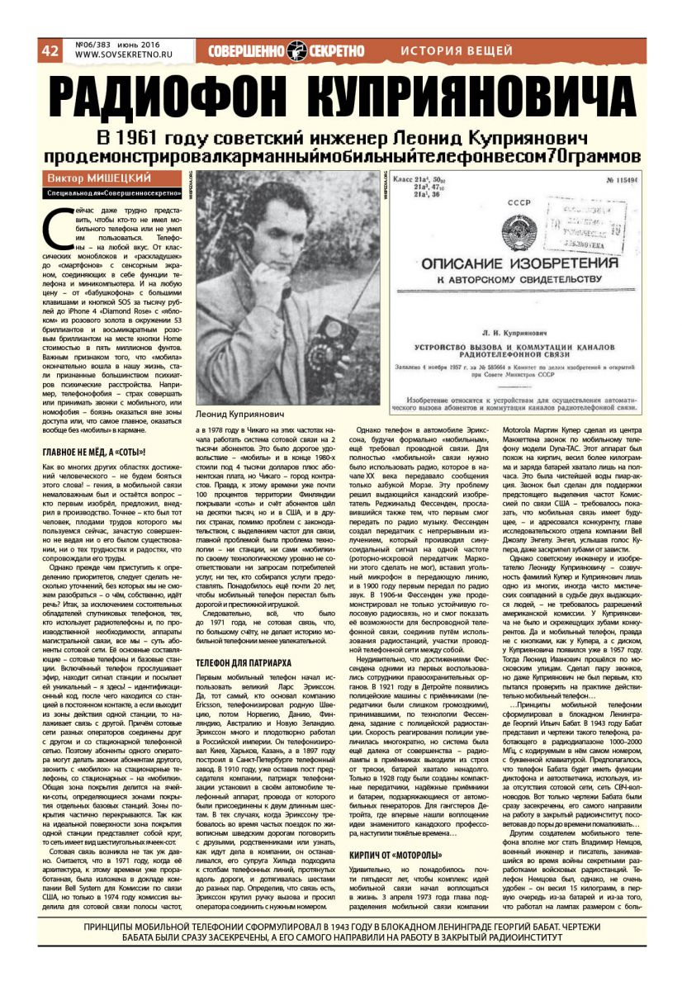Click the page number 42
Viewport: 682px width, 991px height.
point(50,50)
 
